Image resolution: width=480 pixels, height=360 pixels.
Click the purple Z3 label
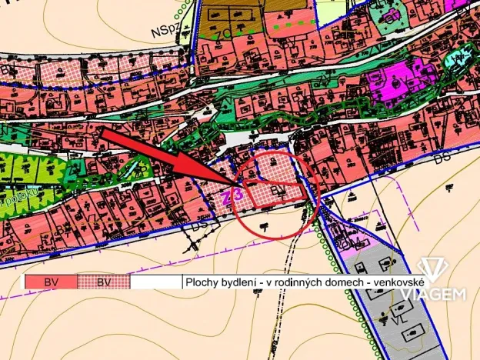(x=234, y=196)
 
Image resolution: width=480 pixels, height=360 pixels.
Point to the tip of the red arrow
(x=244, y=185)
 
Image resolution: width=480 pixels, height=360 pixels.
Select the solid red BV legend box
(x=51, y=282)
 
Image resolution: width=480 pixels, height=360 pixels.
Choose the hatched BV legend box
(x=104, y=282)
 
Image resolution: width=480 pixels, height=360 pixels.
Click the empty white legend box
(x=156, y=282)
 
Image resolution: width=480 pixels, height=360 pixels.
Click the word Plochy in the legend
(x=202, y=283)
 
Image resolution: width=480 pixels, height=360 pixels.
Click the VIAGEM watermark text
(x=445, y=294)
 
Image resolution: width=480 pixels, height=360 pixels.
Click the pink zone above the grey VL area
(x=348, y=245)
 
